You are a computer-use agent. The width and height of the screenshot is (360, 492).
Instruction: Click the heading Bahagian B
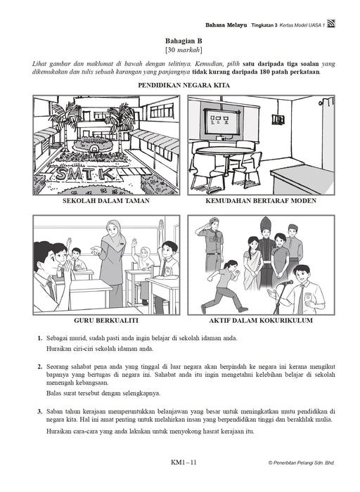point(184,41)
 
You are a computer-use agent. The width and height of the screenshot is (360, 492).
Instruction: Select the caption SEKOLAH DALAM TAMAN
point(106,201)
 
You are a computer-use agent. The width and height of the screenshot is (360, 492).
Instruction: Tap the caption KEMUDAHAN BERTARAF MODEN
point(261,201)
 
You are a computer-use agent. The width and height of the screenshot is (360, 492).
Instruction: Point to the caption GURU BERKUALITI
point(106,321)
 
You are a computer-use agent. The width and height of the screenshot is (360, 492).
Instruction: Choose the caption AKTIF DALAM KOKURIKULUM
point(261,321)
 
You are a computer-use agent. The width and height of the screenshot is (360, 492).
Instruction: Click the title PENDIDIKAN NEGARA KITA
point(184,85)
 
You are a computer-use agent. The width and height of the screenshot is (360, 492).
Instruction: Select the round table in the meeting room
point(225,151)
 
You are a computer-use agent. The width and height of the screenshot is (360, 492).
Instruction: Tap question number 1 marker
point(39,338)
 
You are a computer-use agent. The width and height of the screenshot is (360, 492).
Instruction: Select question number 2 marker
point(39,366)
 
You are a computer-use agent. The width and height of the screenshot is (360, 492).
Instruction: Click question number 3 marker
point(39,411)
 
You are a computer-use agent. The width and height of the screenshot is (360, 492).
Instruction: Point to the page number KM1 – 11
point(184,462)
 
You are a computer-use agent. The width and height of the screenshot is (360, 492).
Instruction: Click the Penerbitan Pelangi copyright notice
point(302,462)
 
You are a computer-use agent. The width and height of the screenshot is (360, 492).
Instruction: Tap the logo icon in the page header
point(330,24)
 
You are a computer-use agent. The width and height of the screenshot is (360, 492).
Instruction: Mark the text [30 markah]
point(184,50)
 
